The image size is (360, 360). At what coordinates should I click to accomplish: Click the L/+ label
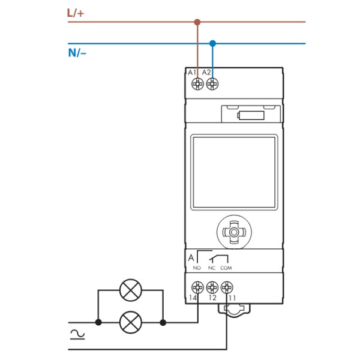(76, 12)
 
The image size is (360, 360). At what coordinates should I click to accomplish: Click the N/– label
(77, 53)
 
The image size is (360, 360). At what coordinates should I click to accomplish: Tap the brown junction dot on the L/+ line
(197, 22)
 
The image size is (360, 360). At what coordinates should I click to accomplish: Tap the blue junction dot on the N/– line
(212, 43)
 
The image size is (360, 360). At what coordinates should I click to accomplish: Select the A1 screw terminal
(197, 85)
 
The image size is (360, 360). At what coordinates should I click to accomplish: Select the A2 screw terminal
(211, 85)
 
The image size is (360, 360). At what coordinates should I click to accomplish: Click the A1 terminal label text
(193, 73)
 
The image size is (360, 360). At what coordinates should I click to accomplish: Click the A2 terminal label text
(206, 73)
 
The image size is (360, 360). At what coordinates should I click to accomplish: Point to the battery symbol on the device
(250, 115)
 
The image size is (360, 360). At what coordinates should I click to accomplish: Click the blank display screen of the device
(234, 172)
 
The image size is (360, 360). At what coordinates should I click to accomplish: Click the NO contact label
(196, 268)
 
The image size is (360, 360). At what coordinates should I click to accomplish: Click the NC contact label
(211, 268)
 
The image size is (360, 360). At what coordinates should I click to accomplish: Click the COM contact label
(226, 268)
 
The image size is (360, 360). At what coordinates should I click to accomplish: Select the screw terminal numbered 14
(197, 286)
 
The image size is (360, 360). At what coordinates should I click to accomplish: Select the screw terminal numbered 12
(211, 286)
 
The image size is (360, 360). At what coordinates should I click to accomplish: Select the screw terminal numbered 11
(226, 286)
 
